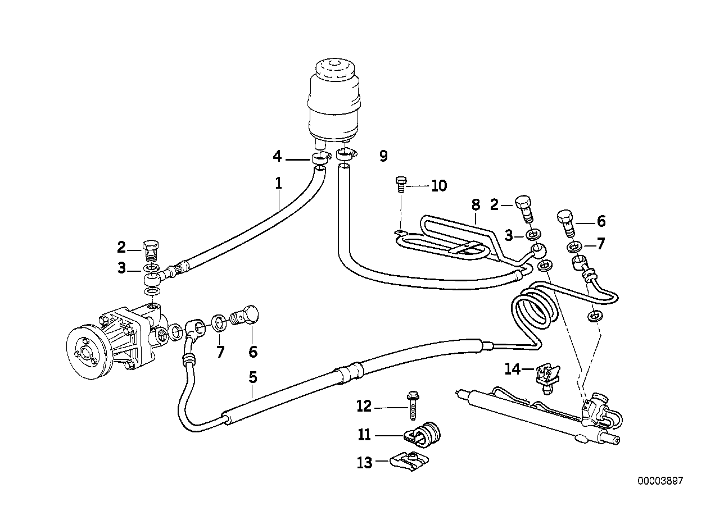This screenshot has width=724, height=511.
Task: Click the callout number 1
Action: [x=278, y=182]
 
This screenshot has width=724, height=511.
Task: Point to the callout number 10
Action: [x=439, y=186]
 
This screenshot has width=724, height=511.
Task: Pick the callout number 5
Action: [x=253, y=377]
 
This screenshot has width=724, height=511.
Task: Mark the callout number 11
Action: [x=364, y=435]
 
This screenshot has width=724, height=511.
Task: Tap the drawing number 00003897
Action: [x=660, y=481]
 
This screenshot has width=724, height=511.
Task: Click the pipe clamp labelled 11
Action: [x=426, y=432]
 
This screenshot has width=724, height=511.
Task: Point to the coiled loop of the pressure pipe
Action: [x=535, y=310]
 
